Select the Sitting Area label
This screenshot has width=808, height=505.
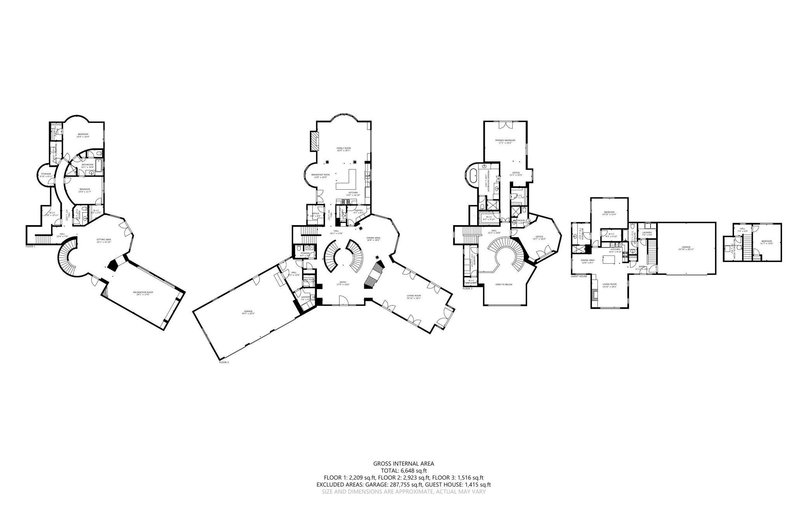[104, 241]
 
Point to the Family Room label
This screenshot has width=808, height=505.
[343, 149]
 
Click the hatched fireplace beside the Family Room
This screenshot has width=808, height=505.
[314, 141]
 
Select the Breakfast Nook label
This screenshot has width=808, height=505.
[320, 176]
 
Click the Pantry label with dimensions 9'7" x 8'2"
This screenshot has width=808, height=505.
[358, 211]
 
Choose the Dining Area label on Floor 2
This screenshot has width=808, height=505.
[373, 239]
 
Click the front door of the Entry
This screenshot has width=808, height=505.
[343, 301]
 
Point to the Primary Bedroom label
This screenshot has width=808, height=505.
[505, 141]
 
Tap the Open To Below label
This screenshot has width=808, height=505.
[504, 284]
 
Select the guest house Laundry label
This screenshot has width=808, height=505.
[647, 233]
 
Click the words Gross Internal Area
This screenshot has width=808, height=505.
[404, 463]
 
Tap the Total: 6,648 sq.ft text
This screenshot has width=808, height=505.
[404, 470]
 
